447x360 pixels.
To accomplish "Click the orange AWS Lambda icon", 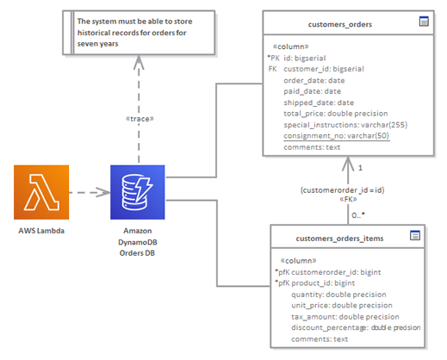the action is point(41,192).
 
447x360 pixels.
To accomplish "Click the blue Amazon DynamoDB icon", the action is point(138,192).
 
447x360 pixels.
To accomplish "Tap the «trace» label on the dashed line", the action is point(140,119).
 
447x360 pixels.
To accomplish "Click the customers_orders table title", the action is point(340,24).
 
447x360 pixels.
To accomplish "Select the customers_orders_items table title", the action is point(339,239).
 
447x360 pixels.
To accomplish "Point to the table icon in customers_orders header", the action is point(424,22).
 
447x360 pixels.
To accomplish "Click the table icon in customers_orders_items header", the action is point(415,235).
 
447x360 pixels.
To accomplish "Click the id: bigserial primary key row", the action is point(305,59).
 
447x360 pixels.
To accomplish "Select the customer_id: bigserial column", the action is point(324,69).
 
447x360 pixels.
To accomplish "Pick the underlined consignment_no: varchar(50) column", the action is point(337,136).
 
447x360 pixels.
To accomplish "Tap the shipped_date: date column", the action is point(319,102).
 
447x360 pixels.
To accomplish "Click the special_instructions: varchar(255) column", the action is point(345,125).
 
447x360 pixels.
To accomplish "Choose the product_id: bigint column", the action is point(323,283).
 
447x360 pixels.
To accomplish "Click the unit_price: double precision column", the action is point(342,305).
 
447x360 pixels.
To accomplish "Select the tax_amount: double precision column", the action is point(345,317).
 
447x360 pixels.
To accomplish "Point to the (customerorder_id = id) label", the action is point(342,190).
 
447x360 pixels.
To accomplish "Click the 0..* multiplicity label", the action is point(358,215).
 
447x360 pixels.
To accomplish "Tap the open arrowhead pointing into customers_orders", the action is point(348,164).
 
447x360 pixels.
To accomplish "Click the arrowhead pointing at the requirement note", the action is point(139,62).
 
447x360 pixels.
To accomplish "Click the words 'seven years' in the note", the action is point(97,44).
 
